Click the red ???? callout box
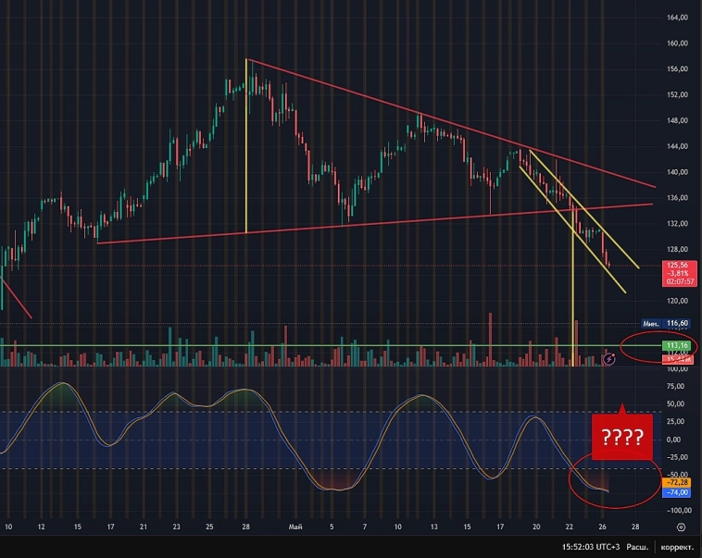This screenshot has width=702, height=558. tap(622, 434)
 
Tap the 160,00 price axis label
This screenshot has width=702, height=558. tap(679, 43)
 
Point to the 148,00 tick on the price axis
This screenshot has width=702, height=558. tap(679, 120)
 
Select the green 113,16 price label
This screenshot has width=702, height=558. tap(679, 345)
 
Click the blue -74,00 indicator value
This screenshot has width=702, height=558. tap(679, 493)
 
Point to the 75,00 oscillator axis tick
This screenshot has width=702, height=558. tap(676, 385)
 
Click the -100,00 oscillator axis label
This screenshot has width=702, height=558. tap(677, 510)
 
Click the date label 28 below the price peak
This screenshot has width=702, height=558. tap(246, 527)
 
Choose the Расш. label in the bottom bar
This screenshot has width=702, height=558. tap(638, 547)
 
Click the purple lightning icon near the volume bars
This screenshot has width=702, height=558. tap(609, 358)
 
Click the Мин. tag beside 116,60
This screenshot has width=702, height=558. tap(652, 323)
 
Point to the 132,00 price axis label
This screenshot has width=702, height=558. tap(679, 223)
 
